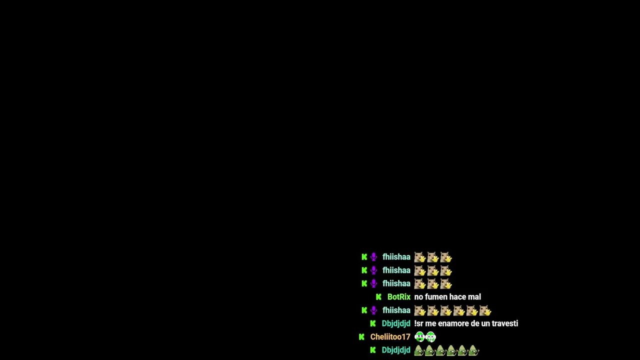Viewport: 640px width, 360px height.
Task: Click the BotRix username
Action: (x=398, y=297)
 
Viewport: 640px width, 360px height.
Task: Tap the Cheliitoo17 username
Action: (x=390, y=337)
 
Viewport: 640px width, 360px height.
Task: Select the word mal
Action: (x=474, y=297)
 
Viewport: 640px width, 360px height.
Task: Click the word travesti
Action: (x=504, y=323)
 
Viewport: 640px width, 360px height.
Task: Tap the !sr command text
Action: (x=418, y=323)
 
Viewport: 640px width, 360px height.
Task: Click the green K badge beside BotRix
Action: (x=378, y=297)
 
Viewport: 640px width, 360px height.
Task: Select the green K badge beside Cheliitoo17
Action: (x=362, y=337)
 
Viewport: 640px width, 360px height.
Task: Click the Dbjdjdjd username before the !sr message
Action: (x=395, y=323)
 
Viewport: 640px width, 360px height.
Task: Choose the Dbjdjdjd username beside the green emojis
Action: (x=395, y=350)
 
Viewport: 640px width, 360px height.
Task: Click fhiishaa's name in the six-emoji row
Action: (x=396, y=310)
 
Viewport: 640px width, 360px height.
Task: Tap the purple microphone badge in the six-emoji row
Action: (x=373, y=310)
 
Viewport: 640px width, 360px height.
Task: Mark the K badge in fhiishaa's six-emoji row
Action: (x=364, y=310)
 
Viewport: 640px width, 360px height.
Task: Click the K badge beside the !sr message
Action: (x=372, y=323)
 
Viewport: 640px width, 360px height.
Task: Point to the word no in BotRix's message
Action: (x=418, y=297)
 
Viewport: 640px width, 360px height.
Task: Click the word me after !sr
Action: (x=430, y=323)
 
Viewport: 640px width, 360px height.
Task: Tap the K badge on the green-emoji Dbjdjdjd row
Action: (x=372, y=350)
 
